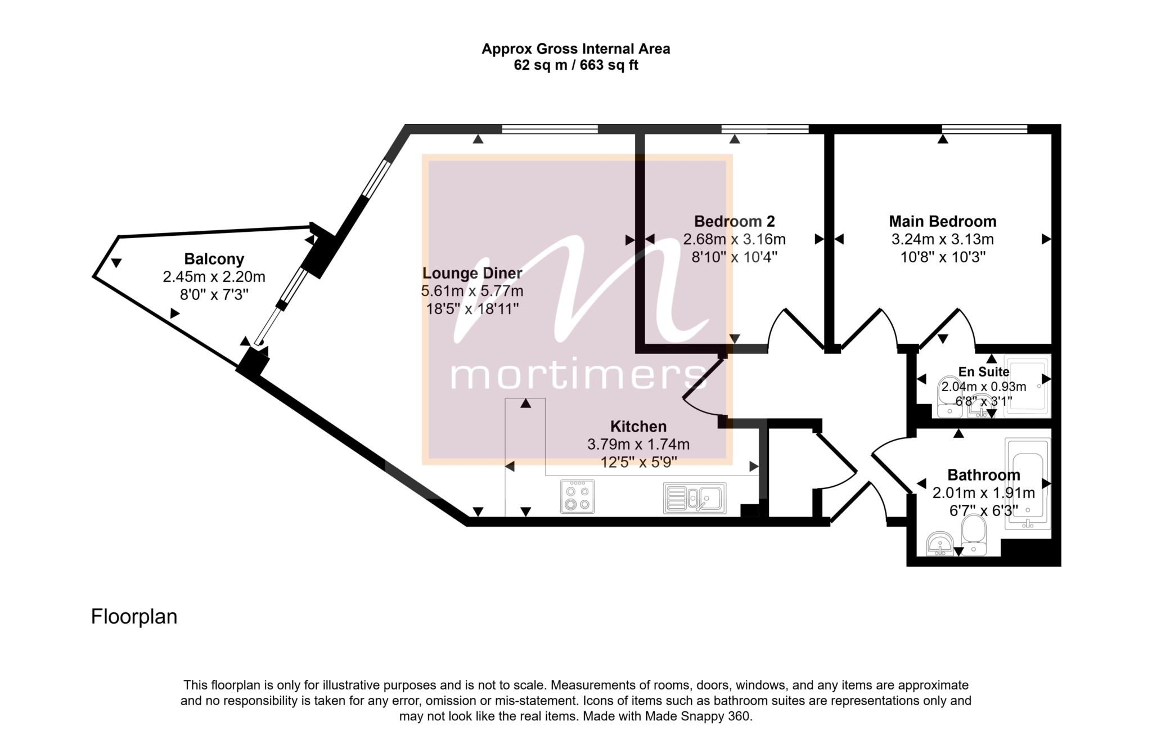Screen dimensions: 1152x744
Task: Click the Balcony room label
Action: coord(214,259)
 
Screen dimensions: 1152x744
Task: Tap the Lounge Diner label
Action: coord(472,274)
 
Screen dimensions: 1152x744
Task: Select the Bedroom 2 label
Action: coord(734,221)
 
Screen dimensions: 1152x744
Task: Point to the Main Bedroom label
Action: coord(943,221)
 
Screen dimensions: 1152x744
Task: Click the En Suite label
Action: coord(984,372)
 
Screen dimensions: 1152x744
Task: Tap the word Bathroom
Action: coord(984,475)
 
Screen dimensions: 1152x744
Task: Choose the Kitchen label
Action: coord(638,427)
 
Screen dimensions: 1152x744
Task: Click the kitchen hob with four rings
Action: coord(577,496)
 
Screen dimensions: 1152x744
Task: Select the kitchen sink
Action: coord(695,498)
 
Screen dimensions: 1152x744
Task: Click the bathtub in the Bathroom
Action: coord(1028,484)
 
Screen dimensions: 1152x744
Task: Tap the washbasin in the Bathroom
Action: coord(939,544)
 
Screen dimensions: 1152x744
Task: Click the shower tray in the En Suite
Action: coord(1027,386)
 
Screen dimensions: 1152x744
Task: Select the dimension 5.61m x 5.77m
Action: coord(472,291)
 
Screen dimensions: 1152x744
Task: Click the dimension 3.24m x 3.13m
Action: coord(943,239)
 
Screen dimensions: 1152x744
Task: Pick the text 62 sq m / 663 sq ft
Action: coord(576,65)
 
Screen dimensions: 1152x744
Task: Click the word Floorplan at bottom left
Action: coord(134,617)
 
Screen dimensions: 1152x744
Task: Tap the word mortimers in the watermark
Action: coord(577,374)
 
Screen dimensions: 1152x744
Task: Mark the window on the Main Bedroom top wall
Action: coord(985,129)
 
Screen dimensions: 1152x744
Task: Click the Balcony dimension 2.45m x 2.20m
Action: coord(214,277)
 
